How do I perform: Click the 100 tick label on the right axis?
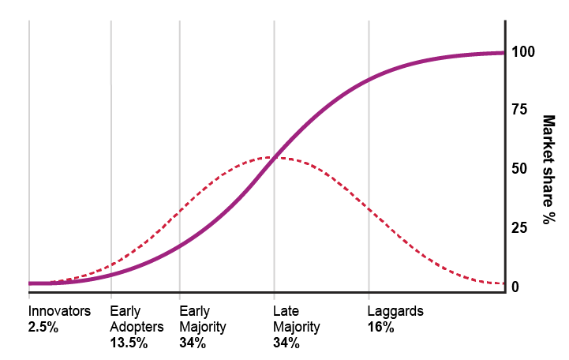[x=523, y=52]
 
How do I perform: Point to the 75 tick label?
[x=519, y=110]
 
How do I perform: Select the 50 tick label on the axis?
[x=519, y=169]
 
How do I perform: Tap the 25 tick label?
[x=519, y=228]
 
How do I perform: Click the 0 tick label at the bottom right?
[x=515, y=287]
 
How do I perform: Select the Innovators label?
[x=60, y=311]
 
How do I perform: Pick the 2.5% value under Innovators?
[x=43, y=327]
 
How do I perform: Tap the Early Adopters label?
[x=137, y=319]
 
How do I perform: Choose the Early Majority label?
[x=203, y=319]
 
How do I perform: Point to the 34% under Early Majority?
[x=193, y=343]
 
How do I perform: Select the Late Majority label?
[x=296, y=319]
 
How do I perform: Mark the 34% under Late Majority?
[x=286, y=343]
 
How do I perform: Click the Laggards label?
[x=395, y=311]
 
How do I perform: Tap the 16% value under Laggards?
[x=381, y=327]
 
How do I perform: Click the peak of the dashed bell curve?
[x=276, y=157]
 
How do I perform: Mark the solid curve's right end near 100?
[x=503, y=53]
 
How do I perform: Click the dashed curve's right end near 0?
[x=503, y=283]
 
